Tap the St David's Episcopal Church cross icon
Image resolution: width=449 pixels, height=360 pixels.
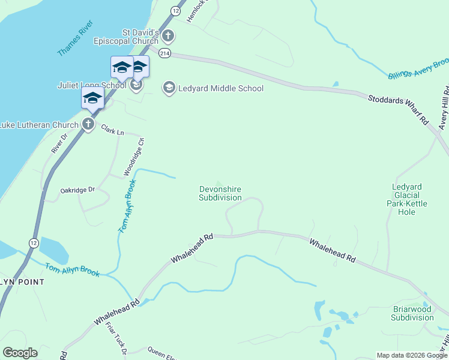(x=167, y=36)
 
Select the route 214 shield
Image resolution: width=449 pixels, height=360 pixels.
(x=164, y=53)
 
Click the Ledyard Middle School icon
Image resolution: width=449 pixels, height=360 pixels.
(x=169, y=88)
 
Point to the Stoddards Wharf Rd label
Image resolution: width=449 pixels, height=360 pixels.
(x=399, y=107)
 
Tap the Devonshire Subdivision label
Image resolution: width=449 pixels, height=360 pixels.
(x=220, y=193)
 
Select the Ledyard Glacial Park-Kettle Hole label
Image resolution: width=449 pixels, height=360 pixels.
(x=410, y=199)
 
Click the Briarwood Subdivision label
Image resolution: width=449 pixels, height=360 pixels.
(x=412, y=314)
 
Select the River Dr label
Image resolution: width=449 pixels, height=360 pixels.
(x=57, y=144)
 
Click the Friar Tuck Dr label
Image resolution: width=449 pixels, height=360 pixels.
(x=115, y=337)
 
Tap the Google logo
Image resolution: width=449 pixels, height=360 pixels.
(x=20, y=353)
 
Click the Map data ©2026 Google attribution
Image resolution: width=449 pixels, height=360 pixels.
(x=412, y=355)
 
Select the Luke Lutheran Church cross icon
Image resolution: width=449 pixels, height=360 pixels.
(x=88, y=125)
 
